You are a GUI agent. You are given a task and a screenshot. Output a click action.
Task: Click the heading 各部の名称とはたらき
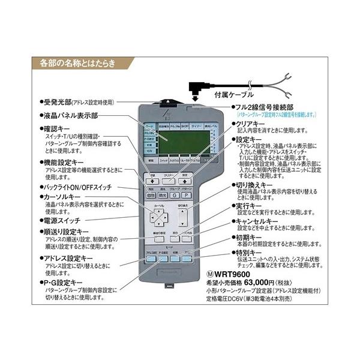pyautogui.click(x=77, y=62)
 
